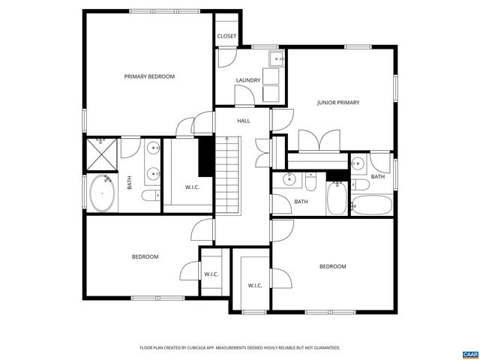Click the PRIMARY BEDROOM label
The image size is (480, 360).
[149, 76]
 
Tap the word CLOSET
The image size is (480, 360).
[226, 36]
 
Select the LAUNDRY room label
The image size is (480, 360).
[247, 80]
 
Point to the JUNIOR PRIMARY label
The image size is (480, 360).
[337, 103]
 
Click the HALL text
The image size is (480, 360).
[244, 121]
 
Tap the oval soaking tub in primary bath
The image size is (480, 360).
[102, 193]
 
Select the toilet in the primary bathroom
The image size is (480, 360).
[148, 196]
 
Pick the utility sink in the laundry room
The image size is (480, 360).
[275, 59]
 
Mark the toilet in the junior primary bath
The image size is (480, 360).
[360, 185]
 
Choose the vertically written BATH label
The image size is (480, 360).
[130, 182]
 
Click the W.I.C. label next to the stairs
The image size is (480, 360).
[193, 187]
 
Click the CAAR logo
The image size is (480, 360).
[469, 352]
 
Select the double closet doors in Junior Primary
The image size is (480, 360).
[319, 140]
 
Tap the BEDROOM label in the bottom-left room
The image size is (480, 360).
[145, 256]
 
